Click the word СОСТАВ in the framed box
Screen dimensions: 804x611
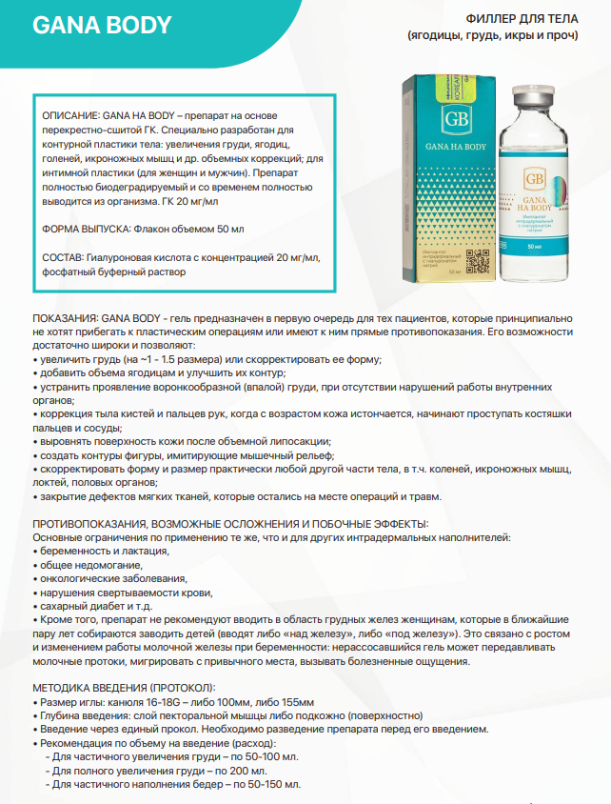[62, 257]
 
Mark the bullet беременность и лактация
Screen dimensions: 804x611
[90, 551]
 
